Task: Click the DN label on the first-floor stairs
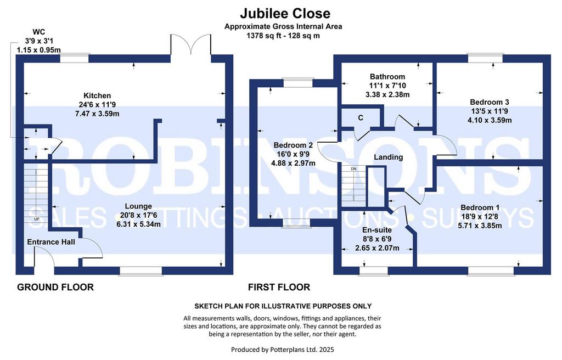tap(353, 168)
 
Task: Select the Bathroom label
tap(387, 77)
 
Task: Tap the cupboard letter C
tap(360, 117)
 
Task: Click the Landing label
tap(388, 157)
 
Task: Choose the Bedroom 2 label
tap(293, 145)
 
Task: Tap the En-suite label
tap(376, 230)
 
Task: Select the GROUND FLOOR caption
tap(55, 287)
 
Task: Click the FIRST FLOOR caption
tap(279, 287)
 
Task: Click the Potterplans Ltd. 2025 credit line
tap(282, 349)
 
